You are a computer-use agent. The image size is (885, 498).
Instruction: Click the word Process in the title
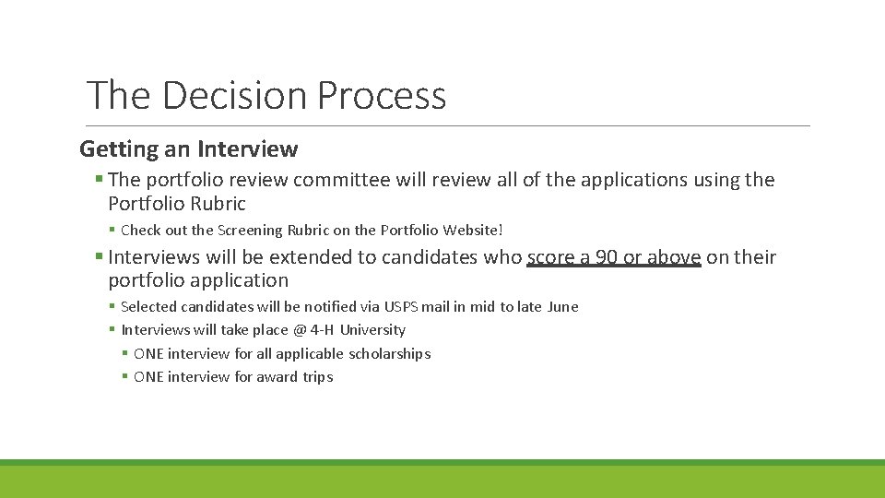pos(382,95)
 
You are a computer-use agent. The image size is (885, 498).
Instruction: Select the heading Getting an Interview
pos(189,148)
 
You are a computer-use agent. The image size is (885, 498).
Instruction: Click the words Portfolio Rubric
pos(177,203)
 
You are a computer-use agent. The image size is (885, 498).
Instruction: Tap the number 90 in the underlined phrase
pos(607,257)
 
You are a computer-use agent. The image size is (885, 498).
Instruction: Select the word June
pos(562,306)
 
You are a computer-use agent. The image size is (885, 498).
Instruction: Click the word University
pos(372,330)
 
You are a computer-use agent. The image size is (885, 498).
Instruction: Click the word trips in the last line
pos(318,376)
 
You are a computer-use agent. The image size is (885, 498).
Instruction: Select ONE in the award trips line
pos(148,376)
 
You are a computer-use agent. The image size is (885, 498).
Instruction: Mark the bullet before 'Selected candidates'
pos(112,306)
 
